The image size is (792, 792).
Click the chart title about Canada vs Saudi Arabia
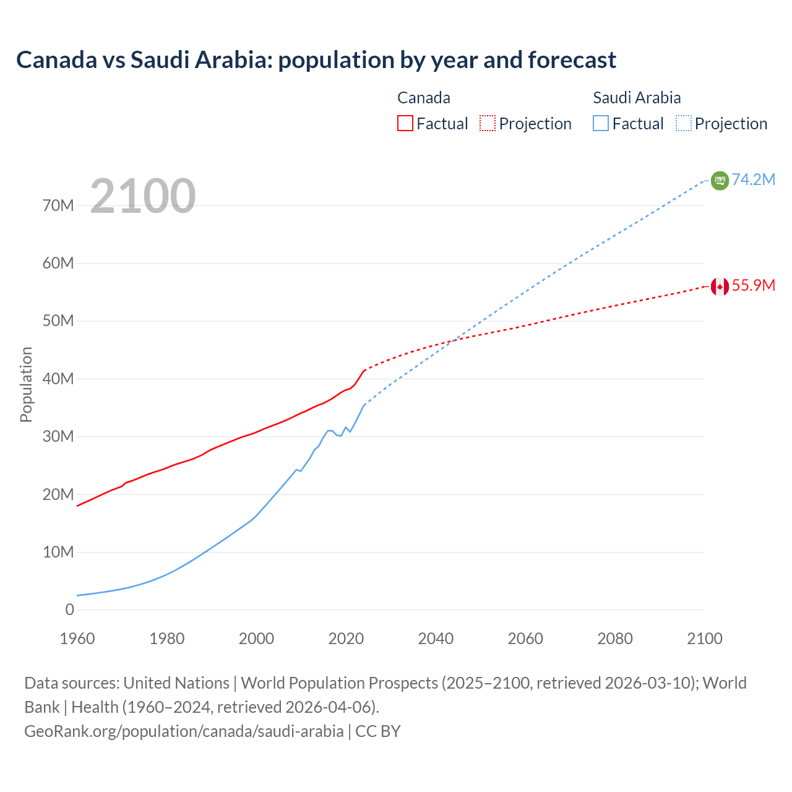(316, 60)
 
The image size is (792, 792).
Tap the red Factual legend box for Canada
(405, 123)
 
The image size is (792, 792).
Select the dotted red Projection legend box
(488, 123)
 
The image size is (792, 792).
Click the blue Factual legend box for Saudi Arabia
(601, 123)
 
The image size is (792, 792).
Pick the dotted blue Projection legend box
(684, 123)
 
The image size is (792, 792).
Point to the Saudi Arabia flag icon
(720, 180)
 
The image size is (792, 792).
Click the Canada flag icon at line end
(720, 286)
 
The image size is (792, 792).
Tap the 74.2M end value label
(754, 179)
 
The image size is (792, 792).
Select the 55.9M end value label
(754, 285)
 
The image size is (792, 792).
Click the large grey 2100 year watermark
(143, 196)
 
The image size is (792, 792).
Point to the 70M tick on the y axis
(58, 205)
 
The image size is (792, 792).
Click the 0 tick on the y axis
(69, 609)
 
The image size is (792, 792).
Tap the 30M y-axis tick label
(58, 436)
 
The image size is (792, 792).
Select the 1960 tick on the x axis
(77, 639)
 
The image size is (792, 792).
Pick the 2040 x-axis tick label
(436, 639)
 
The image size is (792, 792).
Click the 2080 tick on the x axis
(615, 639)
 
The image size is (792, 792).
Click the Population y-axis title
(26, 384)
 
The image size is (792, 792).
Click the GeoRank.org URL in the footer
(184, 731)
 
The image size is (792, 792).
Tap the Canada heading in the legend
(424, 98)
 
